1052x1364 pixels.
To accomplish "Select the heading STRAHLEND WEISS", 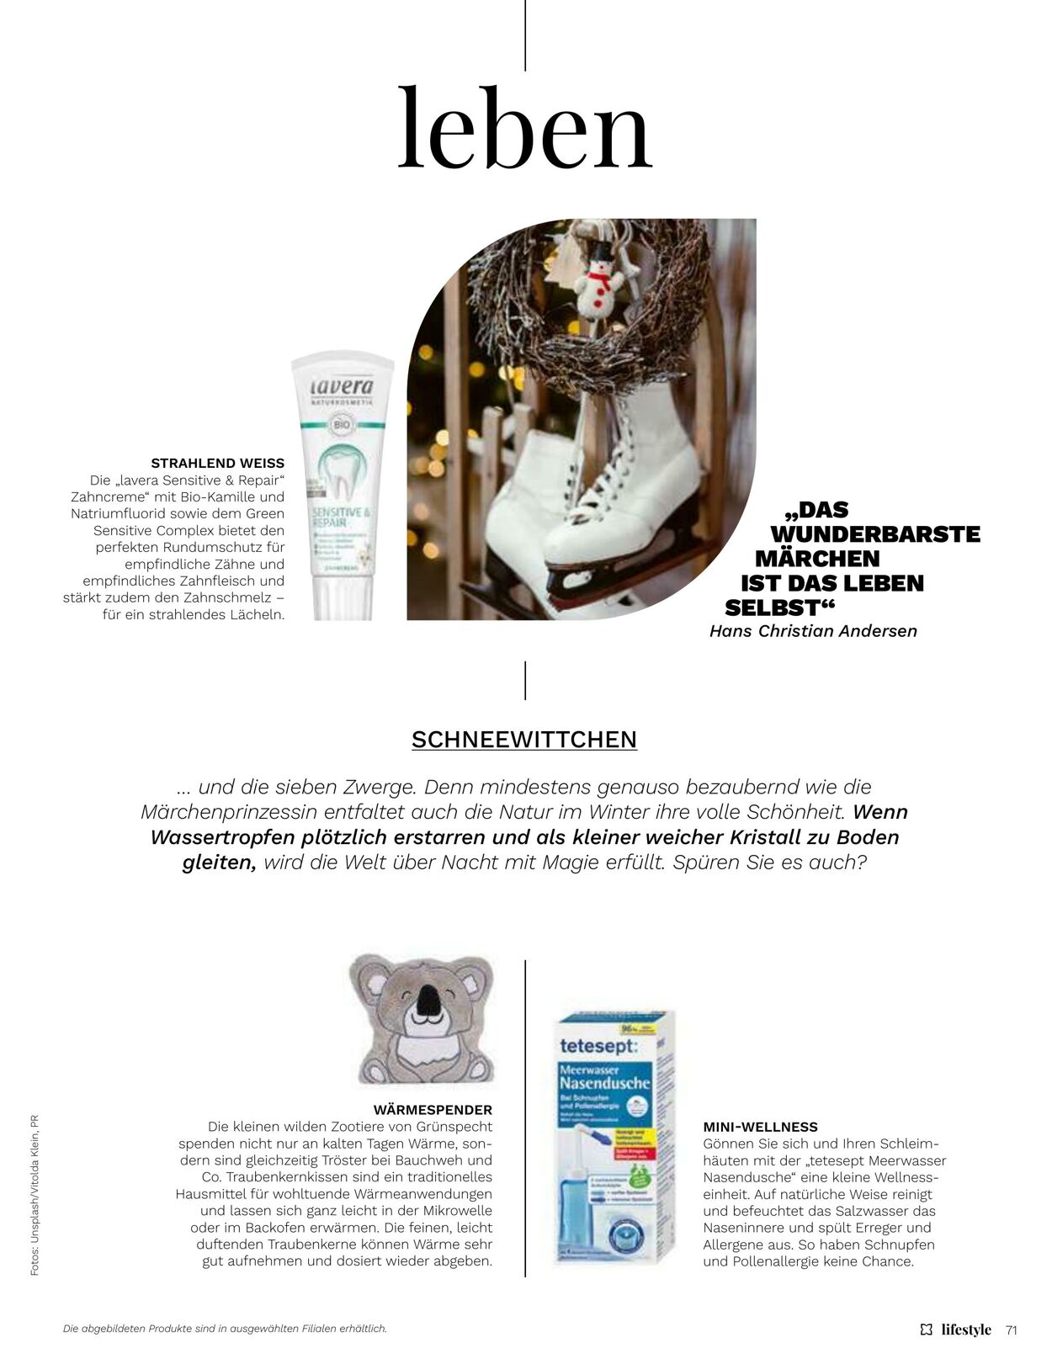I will tap(217, 463).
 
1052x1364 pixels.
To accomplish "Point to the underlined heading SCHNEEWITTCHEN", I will tap(524, 739).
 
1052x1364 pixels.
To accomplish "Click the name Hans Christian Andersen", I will tap(813, 630).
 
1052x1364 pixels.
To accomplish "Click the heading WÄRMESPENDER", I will tap(433, 1109).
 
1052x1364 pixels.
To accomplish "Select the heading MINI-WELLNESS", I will tap(760, 1126).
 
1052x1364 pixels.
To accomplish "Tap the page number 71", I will tap(1012, 1330).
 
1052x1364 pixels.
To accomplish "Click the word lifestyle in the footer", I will tap(966, 1330).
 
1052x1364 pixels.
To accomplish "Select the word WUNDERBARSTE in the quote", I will tap(875, 533).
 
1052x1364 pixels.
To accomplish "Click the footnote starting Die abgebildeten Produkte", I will tap(225, 1328).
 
